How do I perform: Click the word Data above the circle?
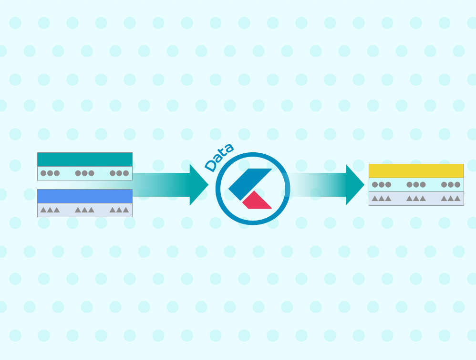[x=219, y=157]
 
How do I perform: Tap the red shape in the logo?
[x=257, y=201]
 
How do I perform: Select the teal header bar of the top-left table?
[x=85, y=159]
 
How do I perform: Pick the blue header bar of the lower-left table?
[x=85, y=196]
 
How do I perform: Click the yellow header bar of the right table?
[x=416, y=171]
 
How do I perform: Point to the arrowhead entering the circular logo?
[x=199, y=185]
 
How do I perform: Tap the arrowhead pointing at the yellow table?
[x=355, y=185]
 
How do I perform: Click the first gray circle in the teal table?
[x=43, y=173]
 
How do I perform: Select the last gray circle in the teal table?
[x=126, y=173]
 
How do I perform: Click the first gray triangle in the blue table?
[x=43, y=210]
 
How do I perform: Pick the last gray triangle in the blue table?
[x=126, y=210]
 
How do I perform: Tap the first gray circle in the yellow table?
[x=375, y=184]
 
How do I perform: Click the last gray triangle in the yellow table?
[x=457, y=198]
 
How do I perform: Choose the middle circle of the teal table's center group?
[x=85, y=173]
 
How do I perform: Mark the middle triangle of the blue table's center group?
[x=85, y=210]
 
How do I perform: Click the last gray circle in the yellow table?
[x=457, y=184]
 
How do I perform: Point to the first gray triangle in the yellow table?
[x=375, y=198]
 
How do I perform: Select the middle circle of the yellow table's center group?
[x=416, y=184]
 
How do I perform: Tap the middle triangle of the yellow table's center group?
[x=416, y=198]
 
